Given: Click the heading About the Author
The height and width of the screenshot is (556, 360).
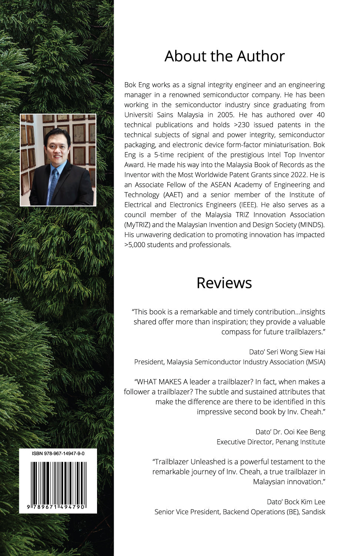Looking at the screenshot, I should coord(224,56).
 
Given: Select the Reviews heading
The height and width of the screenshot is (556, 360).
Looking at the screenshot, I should coord(224,283).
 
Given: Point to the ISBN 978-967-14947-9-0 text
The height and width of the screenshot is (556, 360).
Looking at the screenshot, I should coord(58,453).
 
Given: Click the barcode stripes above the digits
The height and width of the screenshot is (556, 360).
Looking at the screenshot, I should coord(58,482).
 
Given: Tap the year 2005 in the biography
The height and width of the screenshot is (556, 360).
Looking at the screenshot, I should coord(226,115).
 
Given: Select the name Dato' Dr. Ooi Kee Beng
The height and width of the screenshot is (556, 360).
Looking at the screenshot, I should coord(290,432).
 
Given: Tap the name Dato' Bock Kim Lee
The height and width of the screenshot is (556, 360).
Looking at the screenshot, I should coord(296,502).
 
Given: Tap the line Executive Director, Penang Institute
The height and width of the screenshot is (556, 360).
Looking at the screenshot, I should coord(271,442).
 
